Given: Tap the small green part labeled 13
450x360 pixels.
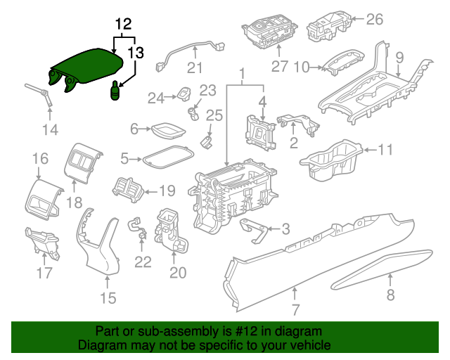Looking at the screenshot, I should click(115, 91).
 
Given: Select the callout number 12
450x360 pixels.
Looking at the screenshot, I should click(124, 23).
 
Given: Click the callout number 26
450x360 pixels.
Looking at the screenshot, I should click(374, 20).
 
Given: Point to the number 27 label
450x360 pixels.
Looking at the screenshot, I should click(280, 67).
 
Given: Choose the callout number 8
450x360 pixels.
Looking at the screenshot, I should click(391, 295).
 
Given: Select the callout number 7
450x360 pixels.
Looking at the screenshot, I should click(295, 309).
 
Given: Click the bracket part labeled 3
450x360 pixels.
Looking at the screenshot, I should click(252, 229).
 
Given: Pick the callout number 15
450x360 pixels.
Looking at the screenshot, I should click(107, 298).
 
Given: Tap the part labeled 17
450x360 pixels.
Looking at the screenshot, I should click(41, 243).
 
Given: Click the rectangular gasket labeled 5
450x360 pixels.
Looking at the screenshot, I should click(169, 156).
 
